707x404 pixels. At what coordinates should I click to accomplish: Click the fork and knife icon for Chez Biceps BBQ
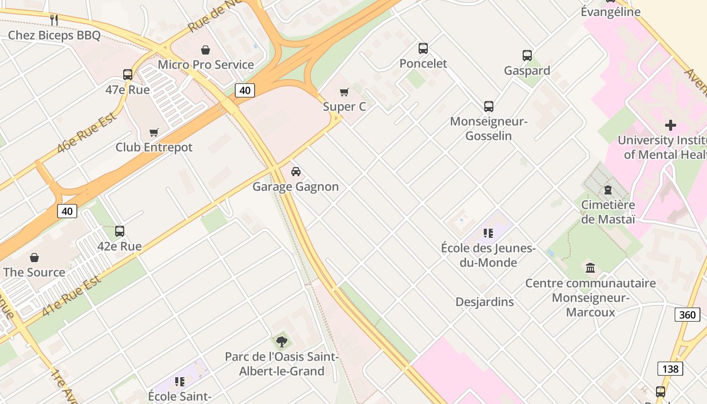pyautogui.click(x=54, y=20)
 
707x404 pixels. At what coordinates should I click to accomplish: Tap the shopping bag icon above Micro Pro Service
pyautogui.click(x=206, y=50)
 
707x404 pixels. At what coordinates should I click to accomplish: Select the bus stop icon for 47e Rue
pyautogui.click(x=128, y=75)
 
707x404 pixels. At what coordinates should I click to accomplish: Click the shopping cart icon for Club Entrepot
pyautogui.click(x=154, y=132)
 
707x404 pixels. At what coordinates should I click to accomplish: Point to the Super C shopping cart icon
pyautogui.click(x=344, y=92)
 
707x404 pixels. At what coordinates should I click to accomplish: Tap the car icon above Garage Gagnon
pyautogui.click(x=296, y=172)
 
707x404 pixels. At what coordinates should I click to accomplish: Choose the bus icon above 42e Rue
pyautogui.click(x=120, y=231)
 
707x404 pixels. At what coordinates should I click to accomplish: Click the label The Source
pyautogui.click(x=34, y=272)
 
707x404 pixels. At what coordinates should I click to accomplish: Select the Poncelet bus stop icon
pyautogui.click(x=423, y=48)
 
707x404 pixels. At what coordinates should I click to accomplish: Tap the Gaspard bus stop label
pyautogui.click(x=527, y=71)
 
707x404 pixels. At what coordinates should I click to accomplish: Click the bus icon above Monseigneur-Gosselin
pyautogui.click(x=488, y=107)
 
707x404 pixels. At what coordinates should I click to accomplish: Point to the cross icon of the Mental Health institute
pyautogui.click(x=670, y=125)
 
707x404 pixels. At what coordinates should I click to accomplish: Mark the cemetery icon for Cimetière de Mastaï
pyautogui.click(x=608, y=190)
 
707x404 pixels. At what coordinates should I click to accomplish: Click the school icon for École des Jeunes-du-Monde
pyautogui.click(x=488, y=233)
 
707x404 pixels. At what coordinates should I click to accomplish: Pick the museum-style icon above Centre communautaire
pyautogui.click(x=590, y=268)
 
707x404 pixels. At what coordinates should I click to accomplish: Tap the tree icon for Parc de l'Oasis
pyautogui.click(x=281, y=342)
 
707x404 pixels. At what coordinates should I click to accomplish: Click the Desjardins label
pyautogui.click(x=484, y=302)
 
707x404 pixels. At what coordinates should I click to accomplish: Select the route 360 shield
pyautogui.click(x=687, y=315)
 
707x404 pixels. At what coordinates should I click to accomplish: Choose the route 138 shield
pyautogui.click(x=670, y=369)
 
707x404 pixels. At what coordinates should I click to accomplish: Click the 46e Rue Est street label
pyautogui.click(x=87, y=133)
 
